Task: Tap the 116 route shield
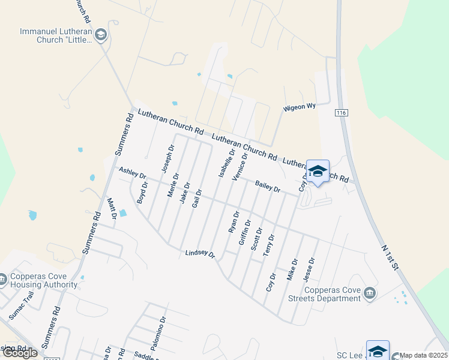click(342, 112)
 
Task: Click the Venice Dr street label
click(240, 166)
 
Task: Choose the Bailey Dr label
click(268, 186)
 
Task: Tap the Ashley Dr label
click(133, 173)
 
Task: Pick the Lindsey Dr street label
click(200, 254)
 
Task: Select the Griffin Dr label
click(244, 232)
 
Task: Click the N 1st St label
click(390, 257)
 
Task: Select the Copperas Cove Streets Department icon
click(370, 293)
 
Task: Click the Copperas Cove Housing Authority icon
click(4, 279)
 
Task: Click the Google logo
click(19, 353)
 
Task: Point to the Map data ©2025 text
click(424, 355)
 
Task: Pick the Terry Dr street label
click(268, 245)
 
